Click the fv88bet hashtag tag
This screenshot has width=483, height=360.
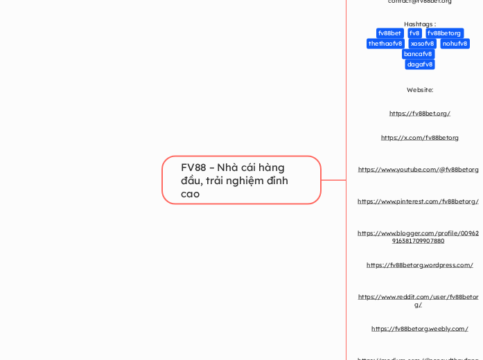389,33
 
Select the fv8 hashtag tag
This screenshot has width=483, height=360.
414,33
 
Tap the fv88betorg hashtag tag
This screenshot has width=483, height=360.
444,33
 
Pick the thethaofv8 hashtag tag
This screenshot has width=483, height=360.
385,44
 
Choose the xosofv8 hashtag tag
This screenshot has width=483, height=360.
422,44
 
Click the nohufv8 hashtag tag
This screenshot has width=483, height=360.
455,44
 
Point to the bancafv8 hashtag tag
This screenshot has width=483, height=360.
418,54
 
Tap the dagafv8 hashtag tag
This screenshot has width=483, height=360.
420,64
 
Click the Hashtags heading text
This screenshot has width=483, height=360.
420,24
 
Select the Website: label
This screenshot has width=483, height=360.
420,89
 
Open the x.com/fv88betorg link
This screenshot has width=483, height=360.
420,138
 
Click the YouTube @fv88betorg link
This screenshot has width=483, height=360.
419,170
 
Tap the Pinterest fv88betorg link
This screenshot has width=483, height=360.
419,201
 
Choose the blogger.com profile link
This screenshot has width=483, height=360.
419,237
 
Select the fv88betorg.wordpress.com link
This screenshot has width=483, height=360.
420,264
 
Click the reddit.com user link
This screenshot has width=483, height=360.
419,300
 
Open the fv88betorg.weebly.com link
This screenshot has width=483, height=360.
420,329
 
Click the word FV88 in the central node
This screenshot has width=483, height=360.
193,168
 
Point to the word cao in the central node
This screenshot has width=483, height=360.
190,194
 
